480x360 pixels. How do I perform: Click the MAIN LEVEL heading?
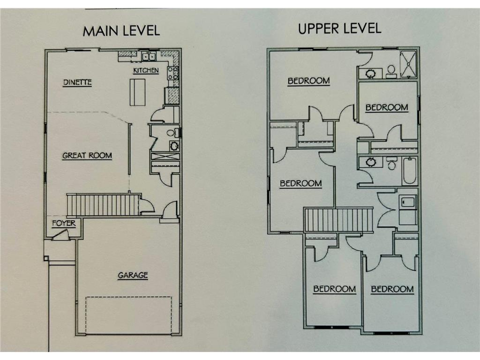(121, 31)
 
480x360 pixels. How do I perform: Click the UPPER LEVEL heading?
(339, 29)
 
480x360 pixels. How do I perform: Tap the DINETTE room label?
(77, 82)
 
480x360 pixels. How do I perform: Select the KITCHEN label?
(146, 70)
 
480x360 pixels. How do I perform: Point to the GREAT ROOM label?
(87, 156)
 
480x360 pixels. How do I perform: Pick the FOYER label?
(64, 223)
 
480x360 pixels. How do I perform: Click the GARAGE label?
(133, 275)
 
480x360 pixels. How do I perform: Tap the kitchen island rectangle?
(137, 92)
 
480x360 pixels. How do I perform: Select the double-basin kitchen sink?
(149, 56)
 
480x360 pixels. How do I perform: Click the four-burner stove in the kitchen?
(172, 74)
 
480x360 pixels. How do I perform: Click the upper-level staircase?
(338, 220)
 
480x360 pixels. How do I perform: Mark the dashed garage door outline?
(128, 315)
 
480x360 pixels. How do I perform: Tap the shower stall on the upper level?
(408, 64)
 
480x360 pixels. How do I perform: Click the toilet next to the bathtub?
(391, 163)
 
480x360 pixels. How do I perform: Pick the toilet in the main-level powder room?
(173, 133)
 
